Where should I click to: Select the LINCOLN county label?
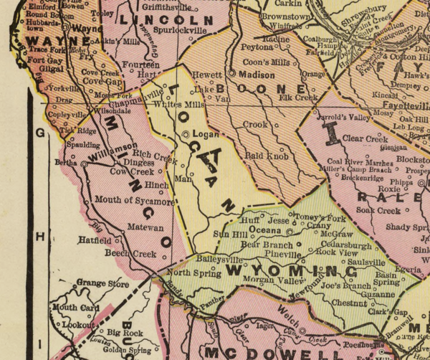point(167,20)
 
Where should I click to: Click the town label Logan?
point(204,133)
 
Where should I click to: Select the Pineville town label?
point(282,254)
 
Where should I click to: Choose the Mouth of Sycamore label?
point(135,202)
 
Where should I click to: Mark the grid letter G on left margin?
point(41,133)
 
